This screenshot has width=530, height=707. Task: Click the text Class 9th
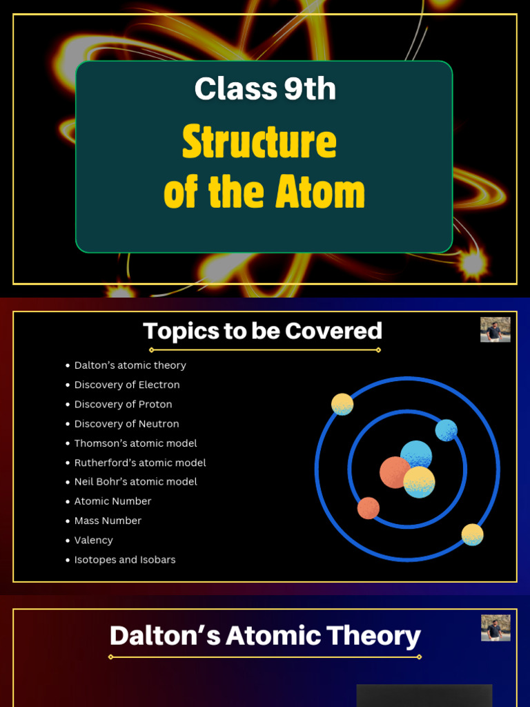pos(265,89)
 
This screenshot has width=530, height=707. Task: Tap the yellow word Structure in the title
pos(259,143)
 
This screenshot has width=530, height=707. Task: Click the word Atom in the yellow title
pos(320,192)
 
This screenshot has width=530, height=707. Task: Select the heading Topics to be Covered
pos(262,331)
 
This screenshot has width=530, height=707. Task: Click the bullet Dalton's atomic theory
pos(130,365)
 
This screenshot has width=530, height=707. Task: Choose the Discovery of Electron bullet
pos(127,385)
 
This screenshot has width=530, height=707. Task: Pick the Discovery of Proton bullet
pos(123,404)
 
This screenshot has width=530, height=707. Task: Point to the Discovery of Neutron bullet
pos(126,424)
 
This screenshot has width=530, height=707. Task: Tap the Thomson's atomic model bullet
pos(135,443)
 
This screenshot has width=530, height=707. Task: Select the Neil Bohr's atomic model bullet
pos(135,482)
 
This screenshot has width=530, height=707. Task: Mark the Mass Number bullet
pos(108,521)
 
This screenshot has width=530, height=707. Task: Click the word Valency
pos(94,540)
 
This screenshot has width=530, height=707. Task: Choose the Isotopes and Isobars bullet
pos(125,560)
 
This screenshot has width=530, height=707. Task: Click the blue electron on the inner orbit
pos(446,430)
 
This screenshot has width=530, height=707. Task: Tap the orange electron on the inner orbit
pos(369,508)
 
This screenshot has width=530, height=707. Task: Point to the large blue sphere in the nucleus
pos(417,455)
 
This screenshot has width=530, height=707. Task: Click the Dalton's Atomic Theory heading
pos(265,636)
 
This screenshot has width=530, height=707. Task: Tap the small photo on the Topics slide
pos(495,330)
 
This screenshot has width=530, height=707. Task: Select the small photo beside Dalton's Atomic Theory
pos(495,628)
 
